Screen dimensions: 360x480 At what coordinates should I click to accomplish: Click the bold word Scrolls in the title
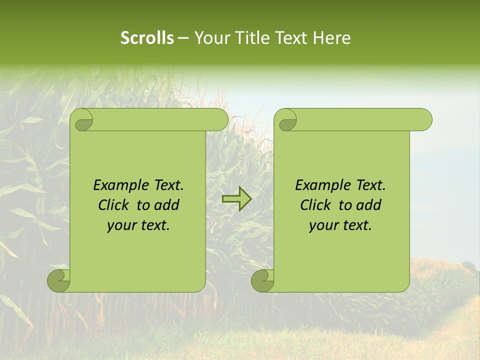[x=147, y=38]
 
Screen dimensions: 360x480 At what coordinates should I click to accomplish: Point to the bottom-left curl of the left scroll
[x=58, y=280]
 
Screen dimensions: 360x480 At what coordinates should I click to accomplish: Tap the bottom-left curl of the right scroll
[x=262, y=280]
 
